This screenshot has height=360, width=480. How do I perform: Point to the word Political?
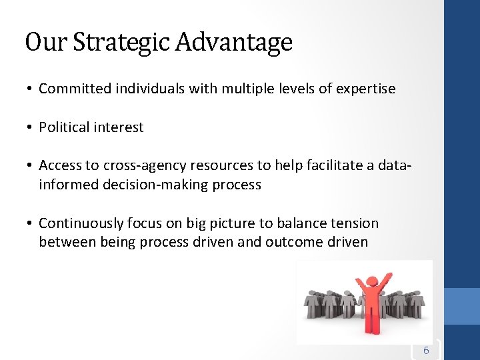click(65, 127)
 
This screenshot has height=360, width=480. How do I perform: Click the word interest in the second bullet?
click(119, 127)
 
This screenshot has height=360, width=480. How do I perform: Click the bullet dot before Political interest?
click(30, 128)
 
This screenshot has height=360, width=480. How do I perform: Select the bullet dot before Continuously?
click(30, 224)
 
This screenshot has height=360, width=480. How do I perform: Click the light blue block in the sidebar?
click(461, 307)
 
